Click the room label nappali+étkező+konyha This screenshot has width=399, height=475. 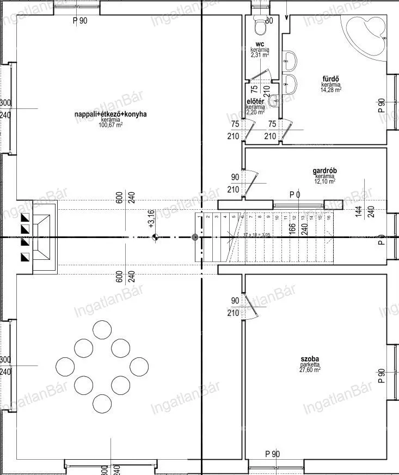pyautogui.click(x=111, y=114)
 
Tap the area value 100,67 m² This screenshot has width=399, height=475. pyautogui.click(x=111, y=125)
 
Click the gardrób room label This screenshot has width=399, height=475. pyautogui.click(x=325, y=170)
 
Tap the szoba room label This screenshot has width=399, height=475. pyautogui.click(x=310, y=358)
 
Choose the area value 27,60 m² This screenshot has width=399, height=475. pyautogui.click(x=310, y=369)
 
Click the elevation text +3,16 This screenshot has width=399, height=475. pyautogui.click(x=151, y=218)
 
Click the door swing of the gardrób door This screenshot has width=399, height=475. pyautogui.click(x=250, y=182)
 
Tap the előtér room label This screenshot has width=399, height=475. pyautogui.click(x=255, y=101)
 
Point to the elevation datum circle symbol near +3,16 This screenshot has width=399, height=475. pyautogui.click(x=155, y=237)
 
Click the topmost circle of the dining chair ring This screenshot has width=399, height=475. pyautogui.click(x=101, y=330)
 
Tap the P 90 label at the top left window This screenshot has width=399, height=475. pyautogui.click(x=80, y=21)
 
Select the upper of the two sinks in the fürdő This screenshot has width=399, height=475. pyautogui.click(x=290, y=59)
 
